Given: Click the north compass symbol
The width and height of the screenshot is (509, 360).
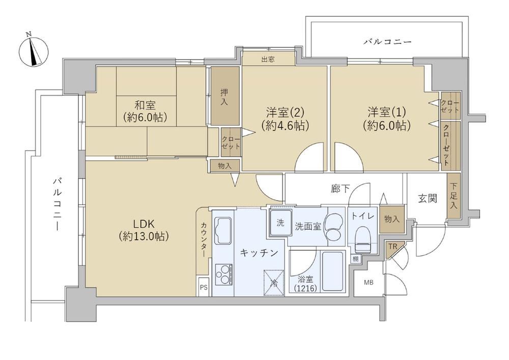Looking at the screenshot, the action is point(34,50).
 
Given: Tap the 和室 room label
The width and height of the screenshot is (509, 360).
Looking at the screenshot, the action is point(145,105).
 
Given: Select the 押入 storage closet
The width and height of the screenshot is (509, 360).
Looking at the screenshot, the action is point(224,96).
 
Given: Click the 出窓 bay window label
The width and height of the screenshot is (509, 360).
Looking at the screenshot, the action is point(268,59).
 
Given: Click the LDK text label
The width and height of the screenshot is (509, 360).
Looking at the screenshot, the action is point(143,224).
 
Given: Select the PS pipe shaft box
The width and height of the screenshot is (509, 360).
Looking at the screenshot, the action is point(204,287).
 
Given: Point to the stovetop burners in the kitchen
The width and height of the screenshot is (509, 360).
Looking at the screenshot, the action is point(223,274).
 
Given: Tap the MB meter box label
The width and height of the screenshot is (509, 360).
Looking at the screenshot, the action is point(369,283).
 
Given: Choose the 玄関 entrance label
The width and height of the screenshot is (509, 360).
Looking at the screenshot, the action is point(427,198).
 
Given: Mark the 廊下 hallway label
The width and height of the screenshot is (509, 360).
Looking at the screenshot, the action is point(340,188).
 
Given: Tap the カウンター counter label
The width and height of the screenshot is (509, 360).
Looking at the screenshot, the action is point(204,239).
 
